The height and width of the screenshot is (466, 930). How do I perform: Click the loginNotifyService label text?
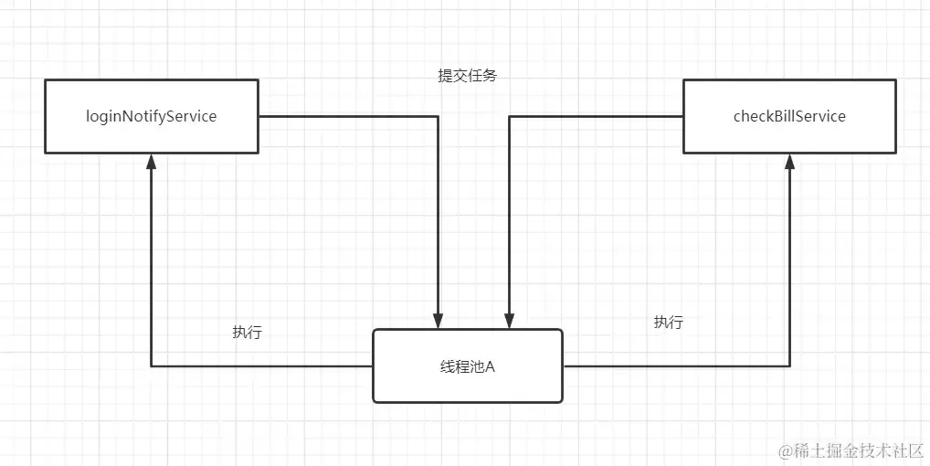(152, 116)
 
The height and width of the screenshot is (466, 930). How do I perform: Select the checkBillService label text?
(789, 116)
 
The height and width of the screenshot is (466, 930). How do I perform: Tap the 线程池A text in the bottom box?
(467, 366)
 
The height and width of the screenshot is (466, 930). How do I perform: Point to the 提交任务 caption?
(467, 76)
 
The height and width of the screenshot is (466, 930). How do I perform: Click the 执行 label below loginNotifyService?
(247, 333)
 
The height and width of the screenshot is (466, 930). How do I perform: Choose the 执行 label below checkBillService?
(668, 323)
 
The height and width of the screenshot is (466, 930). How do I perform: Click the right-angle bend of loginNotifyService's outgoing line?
(439, 116)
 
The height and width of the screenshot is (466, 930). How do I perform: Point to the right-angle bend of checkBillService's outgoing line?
(509, 116)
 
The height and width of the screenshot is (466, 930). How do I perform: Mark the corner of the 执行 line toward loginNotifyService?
(152, 366)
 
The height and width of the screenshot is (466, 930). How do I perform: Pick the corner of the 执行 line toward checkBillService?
(789, 366)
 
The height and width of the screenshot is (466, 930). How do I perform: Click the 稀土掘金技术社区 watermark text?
(857, 450)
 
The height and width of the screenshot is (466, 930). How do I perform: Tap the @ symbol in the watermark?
(784, 450)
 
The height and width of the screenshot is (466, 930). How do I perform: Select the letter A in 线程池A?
(490, 366)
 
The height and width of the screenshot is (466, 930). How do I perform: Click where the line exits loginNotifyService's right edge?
(259, 116)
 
